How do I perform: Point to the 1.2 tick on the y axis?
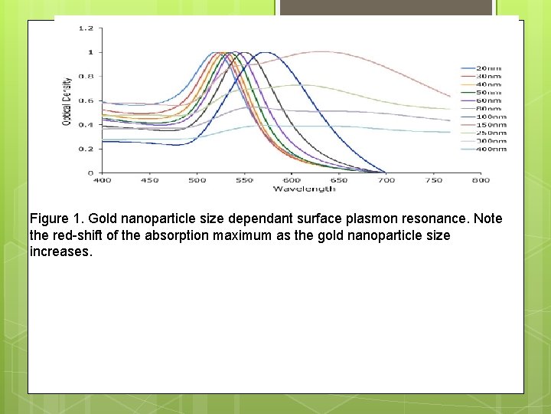click(x=86, y=28)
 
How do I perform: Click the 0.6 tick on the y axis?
click(x=86, y=100)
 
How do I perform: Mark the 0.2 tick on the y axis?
click(x=86, y=149)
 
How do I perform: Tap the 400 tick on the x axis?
click(x=102, y=180)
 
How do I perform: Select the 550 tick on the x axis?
click(x=244, y=180)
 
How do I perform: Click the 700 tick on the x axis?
click(x=386, y=180)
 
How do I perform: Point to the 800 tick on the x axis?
click(x=481, y=180)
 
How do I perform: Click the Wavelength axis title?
click(x=305, y=188)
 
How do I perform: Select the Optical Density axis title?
click(x=67, y=101)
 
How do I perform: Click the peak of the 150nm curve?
click(x=321, y=51)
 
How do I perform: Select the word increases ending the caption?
click(x=61, y=251)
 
